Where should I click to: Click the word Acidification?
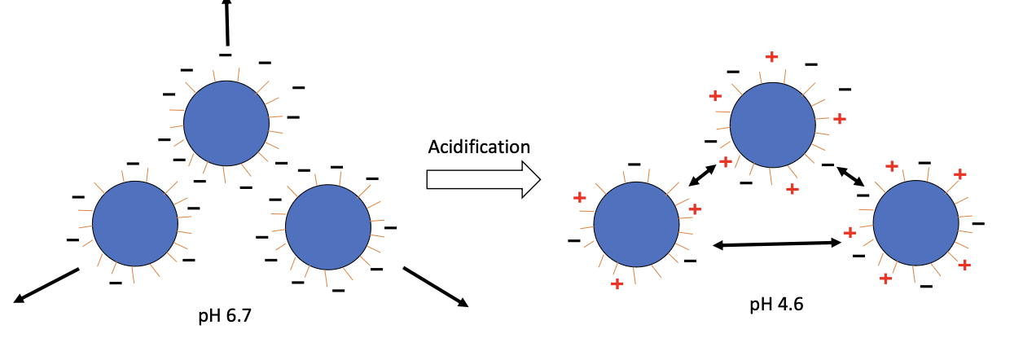click(x=479, y=147)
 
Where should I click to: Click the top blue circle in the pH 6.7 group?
click(x=226, y=124)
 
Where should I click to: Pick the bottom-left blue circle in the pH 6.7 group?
click(x=134, y=224)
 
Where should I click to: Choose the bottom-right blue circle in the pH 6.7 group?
click(x=327, y=226)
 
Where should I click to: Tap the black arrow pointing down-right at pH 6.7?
click(x=436, y=286)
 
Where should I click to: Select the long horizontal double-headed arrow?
click(x=776, y=243)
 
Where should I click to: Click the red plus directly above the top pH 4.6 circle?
click(x=771, y=56)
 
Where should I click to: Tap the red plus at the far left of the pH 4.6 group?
click(x=579, y=197)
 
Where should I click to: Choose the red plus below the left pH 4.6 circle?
click(x=617, y=283)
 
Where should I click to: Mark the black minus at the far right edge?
click(x=978, y=222)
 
